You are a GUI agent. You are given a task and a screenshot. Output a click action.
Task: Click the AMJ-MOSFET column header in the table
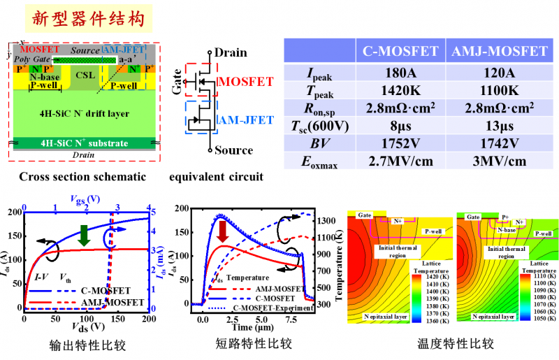click(x=498, y=51)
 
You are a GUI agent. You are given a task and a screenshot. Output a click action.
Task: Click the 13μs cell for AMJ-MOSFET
click(x=498, y=126)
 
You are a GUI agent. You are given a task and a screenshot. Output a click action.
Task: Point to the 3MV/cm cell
click(x=498, y=161)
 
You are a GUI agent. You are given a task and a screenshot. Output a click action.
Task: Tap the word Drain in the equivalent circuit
click(x=231, y=52)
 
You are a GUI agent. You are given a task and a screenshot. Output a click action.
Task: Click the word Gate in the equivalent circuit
click(x=177, y=83)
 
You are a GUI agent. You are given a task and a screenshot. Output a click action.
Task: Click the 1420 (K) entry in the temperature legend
click(x=437, y=278)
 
